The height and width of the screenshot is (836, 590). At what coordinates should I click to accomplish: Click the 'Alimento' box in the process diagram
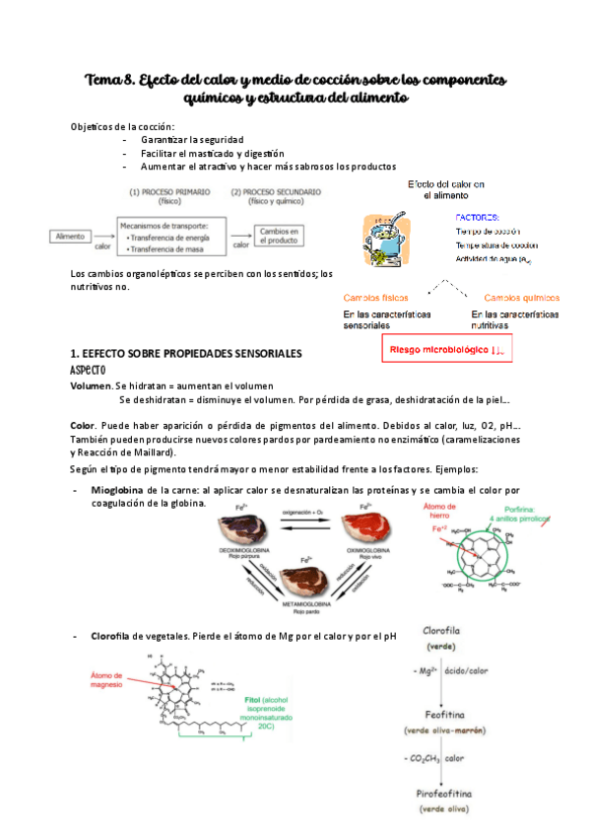[70, 237]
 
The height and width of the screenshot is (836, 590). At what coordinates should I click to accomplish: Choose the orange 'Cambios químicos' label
[522, 297]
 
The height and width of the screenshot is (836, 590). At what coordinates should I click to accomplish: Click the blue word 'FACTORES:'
[477, 216]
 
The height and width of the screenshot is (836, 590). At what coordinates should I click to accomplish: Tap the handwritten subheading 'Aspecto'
[94, 369]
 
